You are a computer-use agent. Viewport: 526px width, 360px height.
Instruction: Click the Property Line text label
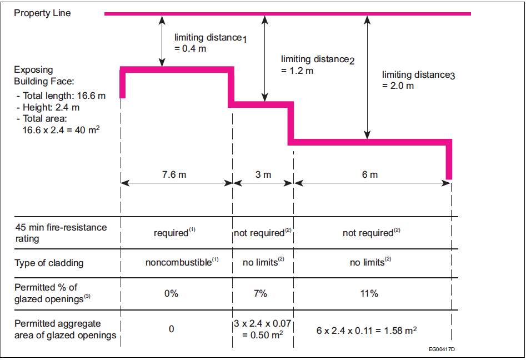[42, 13]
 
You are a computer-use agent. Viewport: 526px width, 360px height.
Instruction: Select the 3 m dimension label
[263, 174]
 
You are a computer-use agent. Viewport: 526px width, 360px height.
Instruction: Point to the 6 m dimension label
[370, 174]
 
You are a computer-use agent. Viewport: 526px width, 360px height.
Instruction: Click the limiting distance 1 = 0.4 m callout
[209, 43]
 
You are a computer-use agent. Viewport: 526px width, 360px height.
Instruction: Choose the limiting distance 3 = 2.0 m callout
[418, 80]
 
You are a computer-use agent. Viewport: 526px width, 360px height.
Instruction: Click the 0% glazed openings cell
[171, 293]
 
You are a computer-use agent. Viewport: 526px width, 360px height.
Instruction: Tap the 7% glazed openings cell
[261, 293]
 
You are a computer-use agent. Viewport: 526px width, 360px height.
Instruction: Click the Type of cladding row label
[49, 263]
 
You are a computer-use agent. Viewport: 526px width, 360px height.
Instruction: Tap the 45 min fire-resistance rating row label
[60, 233]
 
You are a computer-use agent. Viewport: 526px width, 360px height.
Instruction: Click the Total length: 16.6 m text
[61, 96]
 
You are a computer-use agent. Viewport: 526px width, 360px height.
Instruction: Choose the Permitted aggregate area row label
[65, 329]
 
